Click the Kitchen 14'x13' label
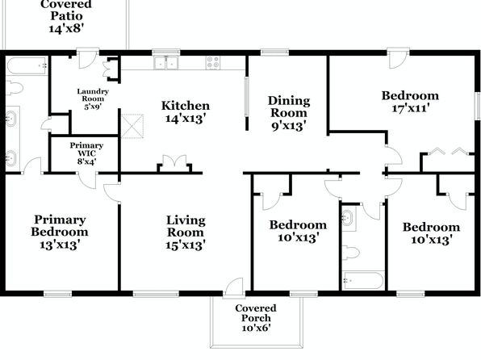(x=186, y=111)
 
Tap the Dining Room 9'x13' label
(x=289, y=113)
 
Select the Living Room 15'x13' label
(x=186, y=232)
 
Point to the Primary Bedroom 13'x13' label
(x=60, y=232)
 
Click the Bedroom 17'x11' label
(x=410, y=102)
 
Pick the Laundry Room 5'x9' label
(x=93, y=98)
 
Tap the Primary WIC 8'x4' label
(x=86, y=153)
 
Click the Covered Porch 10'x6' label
(x=256, y=318)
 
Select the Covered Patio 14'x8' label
(x=66, y=16)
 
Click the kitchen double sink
(x=166, y=63)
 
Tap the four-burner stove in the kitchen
(x=213, y=62)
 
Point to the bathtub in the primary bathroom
(x=27, y=65)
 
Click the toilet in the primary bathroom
(x=15, y=88)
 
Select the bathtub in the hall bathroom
(x=362, y=280)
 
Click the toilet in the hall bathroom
(x=350, y=253)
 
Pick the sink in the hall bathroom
(x=349, y=218)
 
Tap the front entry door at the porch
(x=234, y=288)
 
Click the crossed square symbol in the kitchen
(x=132, y=126)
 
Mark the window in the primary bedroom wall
(x=57, y=294)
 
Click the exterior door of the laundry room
(x=88, y=58)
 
